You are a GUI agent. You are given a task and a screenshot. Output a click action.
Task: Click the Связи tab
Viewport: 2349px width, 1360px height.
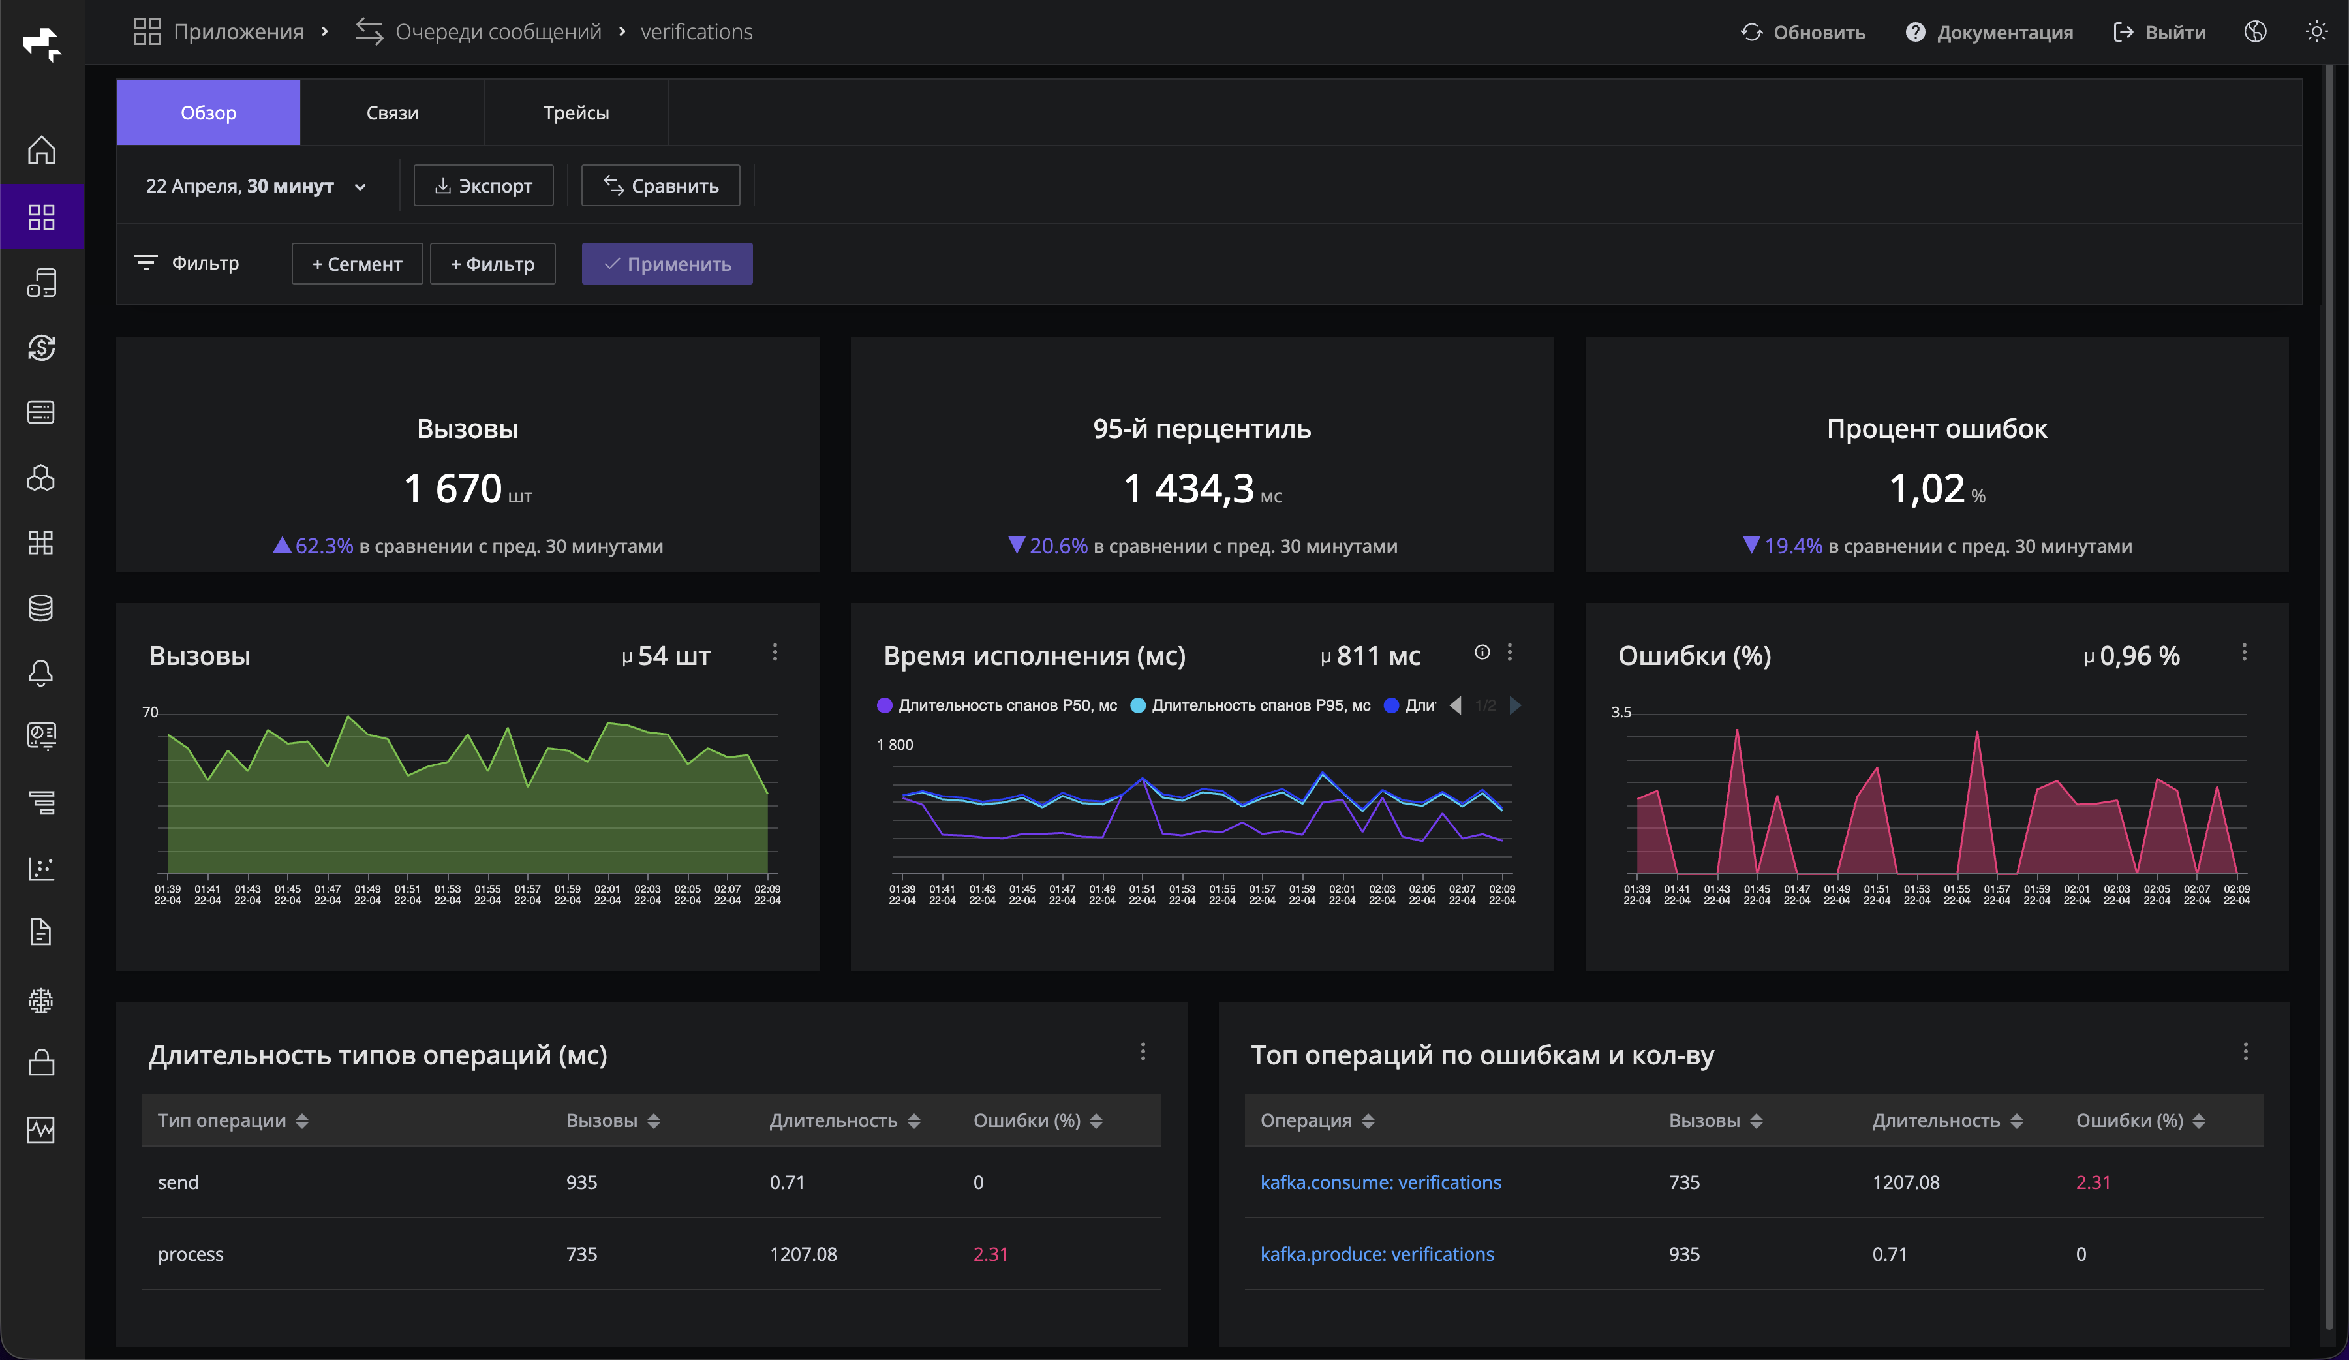(391, 113)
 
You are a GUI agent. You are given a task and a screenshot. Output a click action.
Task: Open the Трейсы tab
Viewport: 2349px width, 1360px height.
(576, 113)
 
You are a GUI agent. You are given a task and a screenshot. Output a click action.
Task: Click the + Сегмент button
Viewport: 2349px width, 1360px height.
(357, 264)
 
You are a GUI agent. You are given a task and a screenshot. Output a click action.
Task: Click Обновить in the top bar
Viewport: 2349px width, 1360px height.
(1803, 33)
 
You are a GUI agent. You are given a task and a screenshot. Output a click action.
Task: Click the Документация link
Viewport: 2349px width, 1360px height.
(1989, 33)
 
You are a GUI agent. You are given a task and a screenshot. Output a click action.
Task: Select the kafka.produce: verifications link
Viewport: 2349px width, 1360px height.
(1376, 1254)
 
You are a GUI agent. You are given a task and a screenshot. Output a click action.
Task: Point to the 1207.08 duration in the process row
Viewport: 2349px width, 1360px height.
(803, 1254)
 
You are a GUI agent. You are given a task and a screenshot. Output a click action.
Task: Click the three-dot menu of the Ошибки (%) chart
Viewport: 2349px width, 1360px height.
(2244, 653)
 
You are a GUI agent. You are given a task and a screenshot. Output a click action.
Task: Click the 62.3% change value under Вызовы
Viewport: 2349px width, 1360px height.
(324, 546)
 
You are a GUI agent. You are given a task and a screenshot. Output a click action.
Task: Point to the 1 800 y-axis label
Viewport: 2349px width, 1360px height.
(895, 745)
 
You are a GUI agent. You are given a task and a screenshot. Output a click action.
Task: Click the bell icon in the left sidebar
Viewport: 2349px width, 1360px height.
(41, 673)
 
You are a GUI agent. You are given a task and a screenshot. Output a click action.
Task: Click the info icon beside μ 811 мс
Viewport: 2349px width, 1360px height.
(1482, 653)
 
